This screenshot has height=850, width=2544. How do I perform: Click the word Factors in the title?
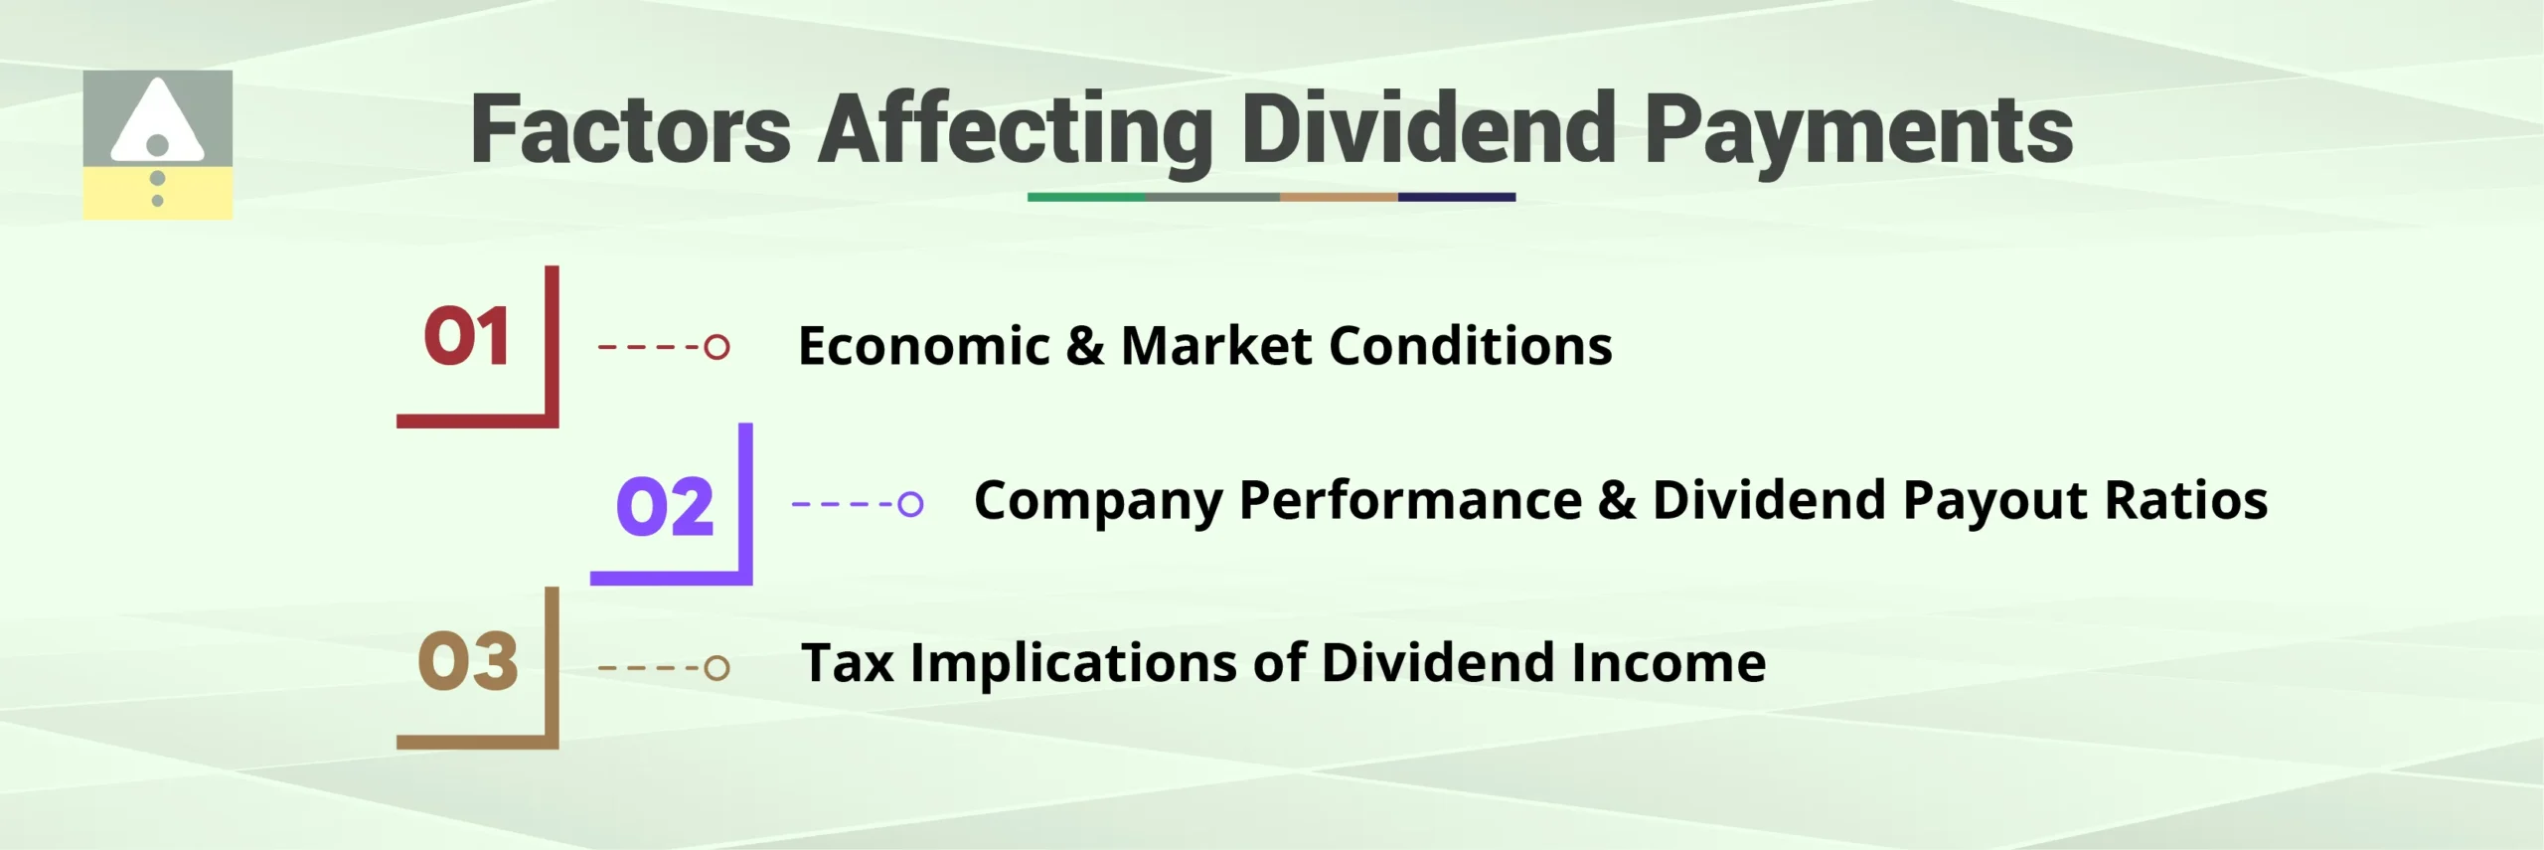click(x=630, y=129)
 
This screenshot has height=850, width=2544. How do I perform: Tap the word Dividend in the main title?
click(x=1428, y=129)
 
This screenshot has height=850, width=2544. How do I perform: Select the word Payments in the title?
click(x=1858, y=129)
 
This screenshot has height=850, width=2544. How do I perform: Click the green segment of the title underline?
click(x=1085, y=197)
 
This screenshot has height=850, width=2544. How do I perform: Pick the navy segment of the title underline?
click(x=1456, y=197)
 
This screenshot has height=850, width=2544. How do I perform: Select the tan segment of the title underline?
click(x=1338, y=197)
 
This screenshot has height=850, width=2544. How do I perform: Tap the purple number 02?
click(x=664, y=506)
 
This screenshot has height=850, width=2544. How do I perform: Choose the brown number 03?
click(x=467, y=661)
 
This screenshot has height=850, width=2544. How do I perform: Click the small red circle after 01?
click(x=716, y=347)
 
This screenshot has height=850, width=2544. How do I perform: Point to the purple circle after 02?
click(x=909, y=504)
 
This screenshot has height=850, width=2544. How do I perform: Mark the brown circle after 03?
click(x=716, y=667)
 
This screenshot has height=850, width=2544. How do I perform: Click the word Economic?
click(x=923, y=346)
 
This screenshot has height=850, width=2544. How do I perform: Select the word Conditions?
click(x=1470, y=346)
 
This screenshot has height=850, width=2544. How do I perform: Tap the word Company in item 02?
click(x=1097, y=500)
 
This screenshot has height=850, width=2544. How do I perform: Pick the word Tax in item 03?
click(x=847, y=662)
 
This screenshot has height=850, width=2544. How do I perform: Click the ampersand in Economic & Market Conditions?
click(x=1084, y=346)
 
